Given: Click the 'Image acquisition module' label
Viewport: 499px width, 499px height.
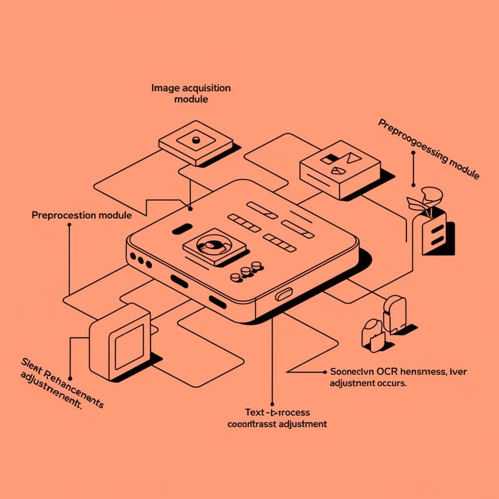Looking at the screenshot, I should (191, 93).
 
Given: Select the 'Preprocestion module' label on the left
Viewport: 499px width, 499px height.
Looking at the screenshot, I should (81, 215).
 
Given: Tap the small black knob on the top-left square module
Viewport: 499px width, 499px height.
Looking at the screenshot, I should (196, 140).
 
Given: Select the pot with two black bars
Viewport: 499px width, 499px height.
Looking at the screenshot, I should (435, 233).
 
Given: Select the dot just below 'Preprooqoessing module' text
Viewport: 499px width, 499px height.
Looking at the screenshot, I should (413, 152).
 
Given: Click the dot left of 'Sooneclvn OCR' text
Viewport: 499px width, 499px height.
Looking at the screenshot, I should (325, 372).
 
